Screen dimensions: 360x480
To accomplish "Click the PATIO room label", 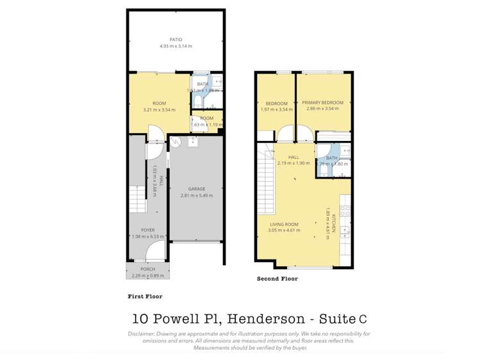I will click(x=176, y=40).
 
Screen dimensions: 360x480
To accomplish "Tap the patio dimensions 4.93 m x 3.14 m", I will click(x=176, y=46).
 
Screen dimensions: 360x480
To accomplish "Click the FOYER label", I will click(x=147, y=230).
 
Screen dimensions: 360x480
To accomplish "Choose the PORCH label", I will click(x=147, y=269).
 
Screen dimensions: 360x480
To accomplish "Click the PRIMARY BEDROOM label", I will click(x=323, y=102).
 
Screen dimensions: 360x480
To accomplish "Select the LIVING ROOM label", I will click(x=283, y=224).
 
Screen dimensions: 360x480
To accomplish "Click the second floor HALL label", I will click(x=294, y=157).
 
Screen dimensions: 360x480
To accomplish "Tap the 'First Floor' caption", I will click(x=145, y=297).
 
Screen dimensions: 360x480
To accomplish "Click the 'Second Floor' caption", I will click(x=277, y=279).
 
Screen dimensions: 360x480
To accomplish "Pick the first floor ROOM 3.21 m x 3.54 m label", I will click(x=159, y=103).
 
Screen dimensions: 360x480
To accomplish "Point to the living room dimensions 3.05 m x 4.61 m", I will click(x=283, y=231).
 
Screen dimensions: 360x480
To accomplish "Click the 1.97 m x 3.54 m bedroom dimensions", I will click(x=276, y=110).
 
